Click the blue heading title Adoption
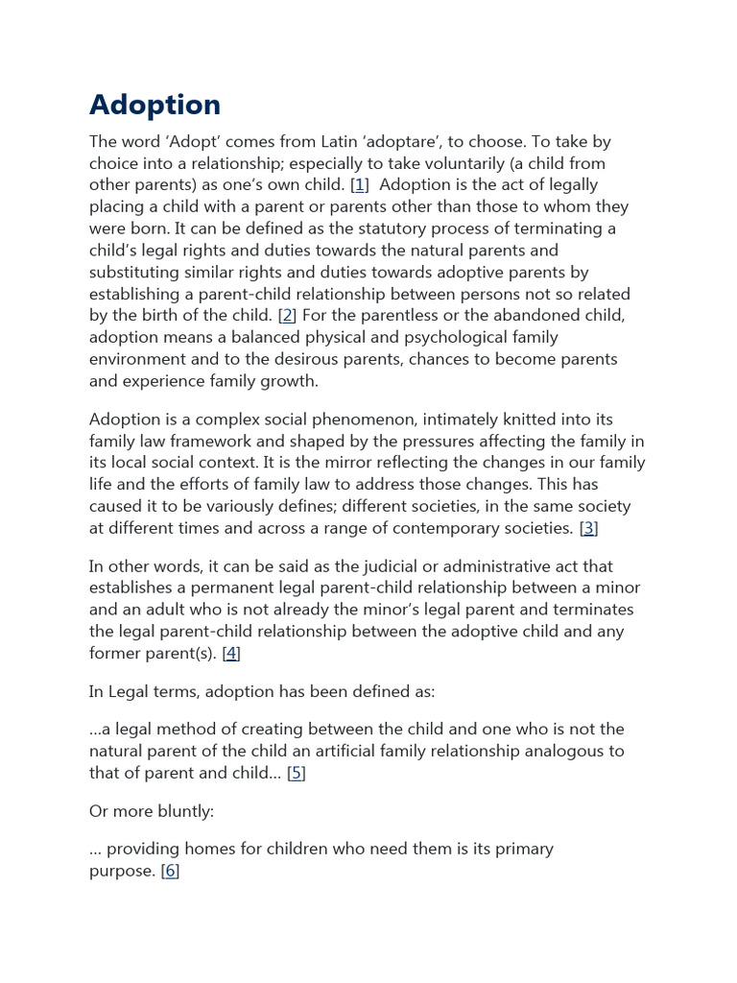tap(155, 105)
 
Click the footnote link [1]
tap(359, 184)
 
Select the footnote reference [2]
tap(287, 315)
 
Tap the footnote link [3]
tap(589, 527)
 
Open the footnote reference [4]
tap(231, 653)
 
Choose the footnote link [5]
tap(297, 773)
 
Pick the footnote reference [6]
tap(170, 871)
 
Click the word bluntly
tap(182, 811)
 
